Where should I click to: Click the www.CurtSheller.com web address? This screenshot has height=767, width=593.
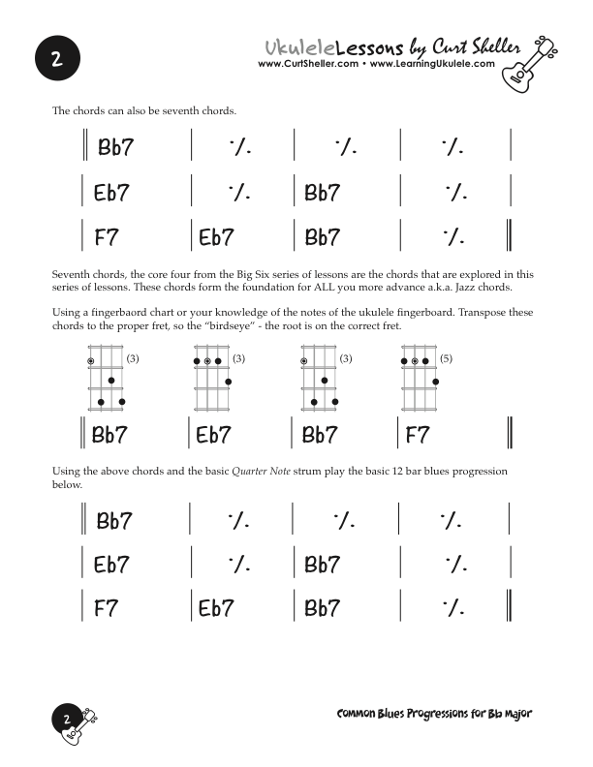(308, 65)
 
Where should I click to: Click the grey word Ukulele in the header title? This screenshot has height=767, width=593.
(300, 46)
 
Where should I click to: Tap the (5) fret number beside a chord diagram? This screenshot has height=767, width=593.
(446, 359)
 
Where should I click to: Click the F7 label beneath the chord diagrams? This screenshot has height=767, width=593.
(417, 436)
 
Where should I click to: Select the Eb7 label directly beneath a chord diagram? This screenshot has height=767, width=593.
(213, 436)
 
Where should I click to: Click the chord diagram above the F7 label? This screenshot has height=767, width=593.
(421, 381)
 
